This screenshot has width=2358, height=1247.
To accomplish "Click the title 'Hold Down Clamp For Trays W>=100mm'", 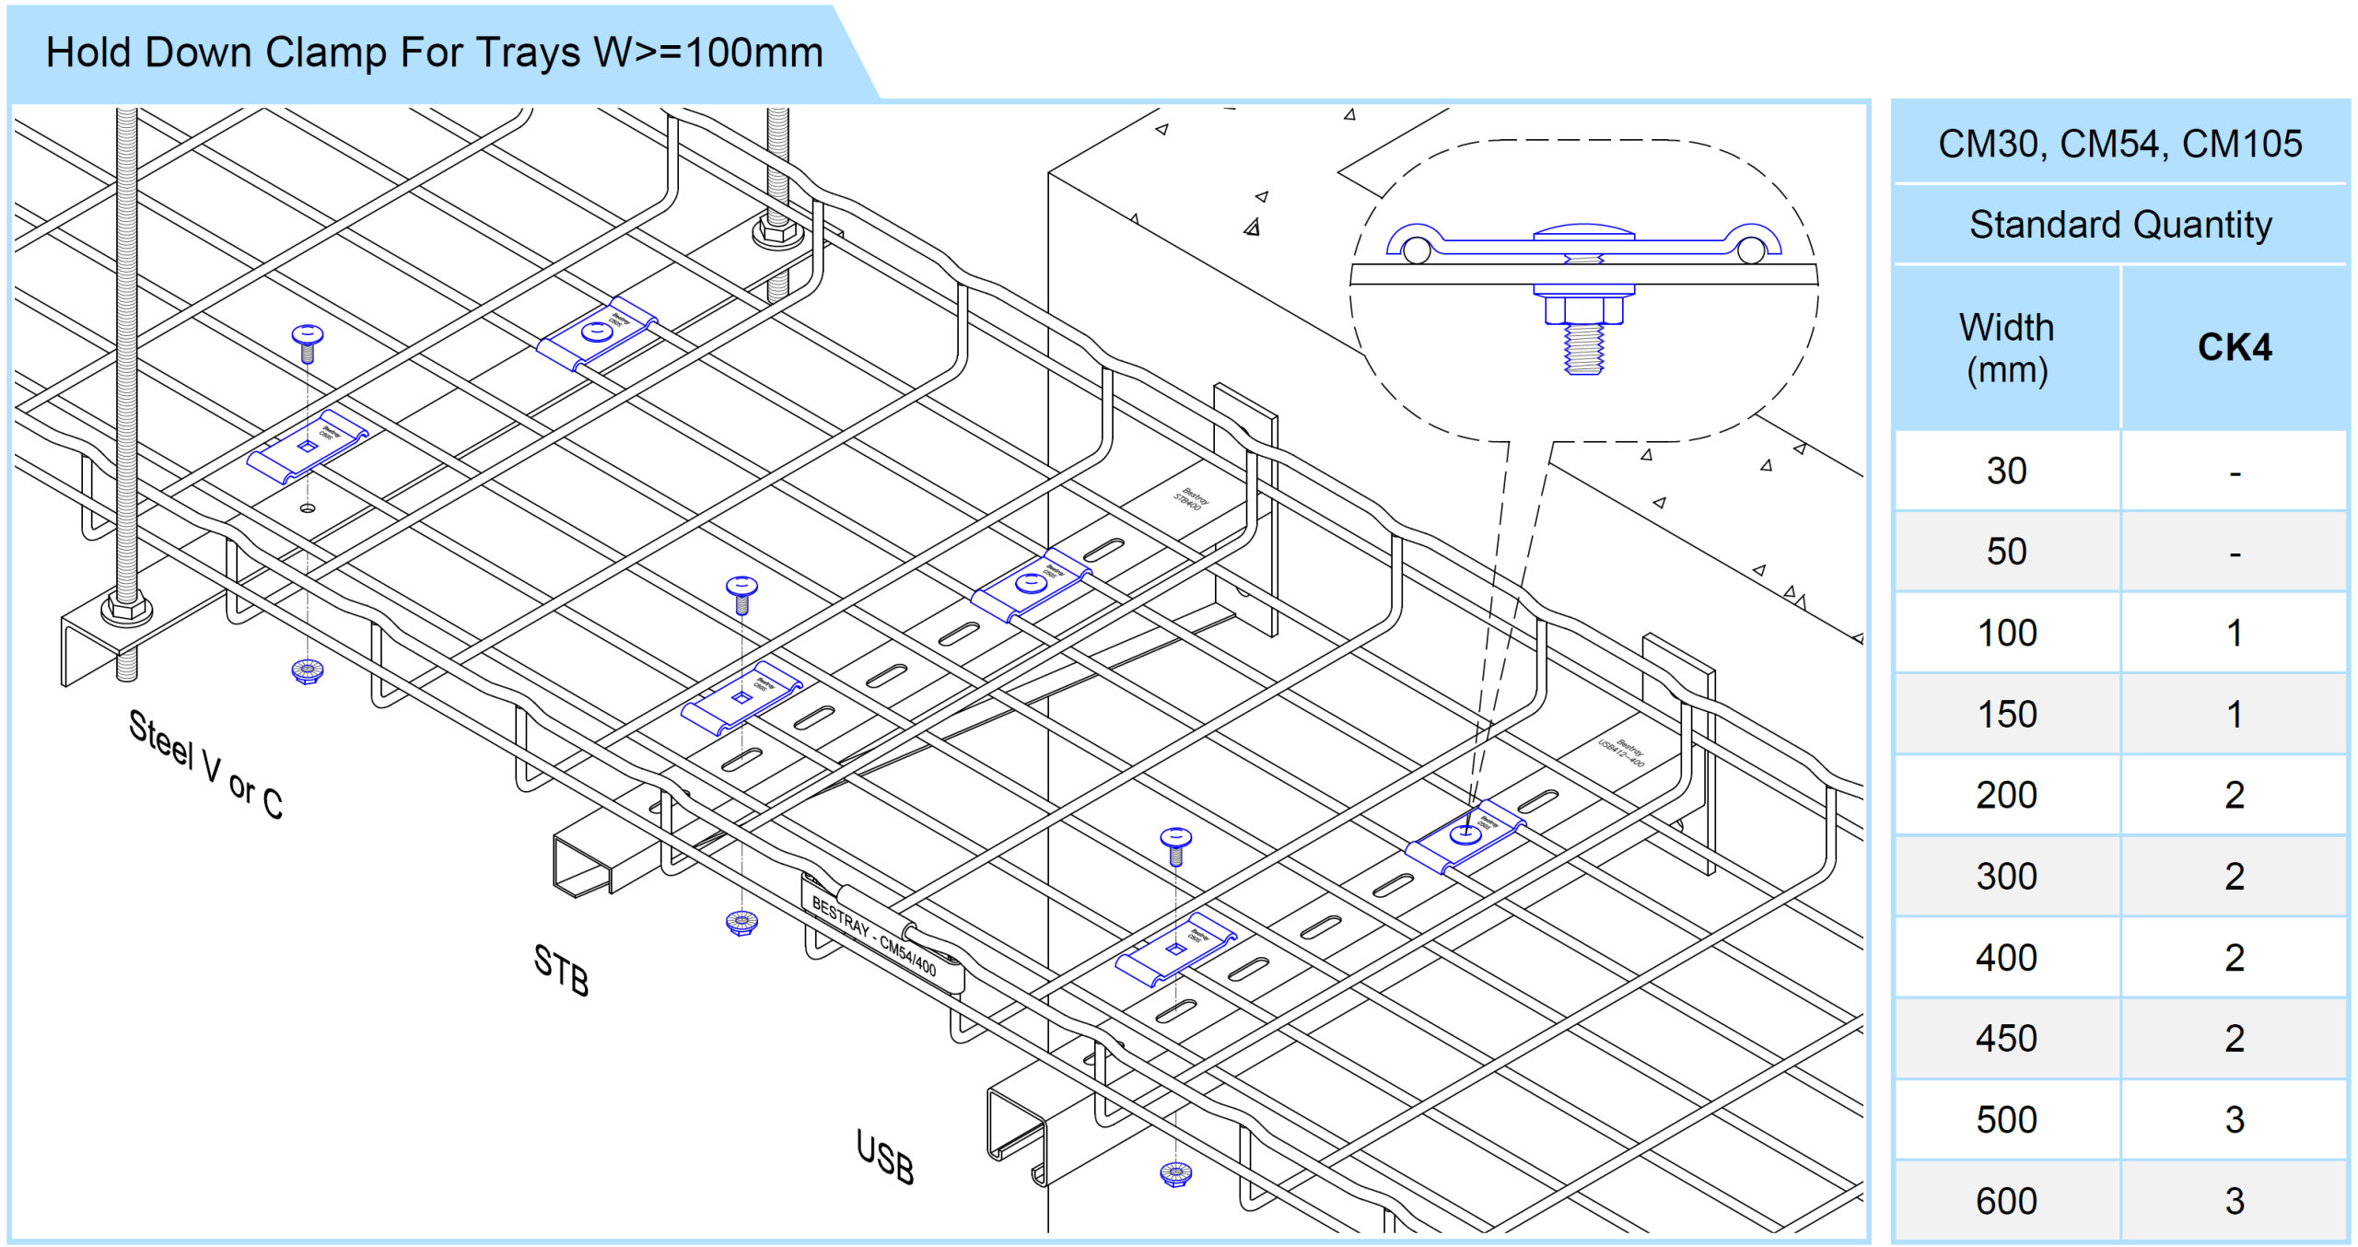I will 434,52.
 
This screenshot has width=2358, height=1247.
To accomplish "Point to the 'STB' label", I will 561,970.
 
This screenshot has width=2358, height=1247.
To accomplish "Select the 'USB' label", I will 884,1158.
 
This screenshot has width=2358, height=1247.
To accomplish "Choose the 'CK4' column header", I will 2234,347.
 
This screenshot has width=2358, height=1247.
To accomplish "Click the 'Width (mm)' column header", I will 2007,348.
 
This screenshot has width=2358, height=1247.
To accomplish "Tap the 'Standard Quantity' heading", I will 2120,225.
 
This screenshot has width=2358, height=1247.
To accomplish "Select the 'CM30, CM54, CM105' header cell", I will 2120,144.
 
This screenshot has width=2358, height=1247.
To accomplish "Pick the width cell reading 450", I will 2007,1038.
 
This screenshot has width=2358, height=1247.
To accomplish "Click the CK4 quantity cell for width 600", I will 2234,1201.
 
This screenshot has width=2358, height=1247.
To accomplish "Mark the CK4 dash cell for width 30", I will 2234,472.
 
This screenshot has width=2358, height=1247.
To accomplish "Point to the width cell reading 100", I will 2007,634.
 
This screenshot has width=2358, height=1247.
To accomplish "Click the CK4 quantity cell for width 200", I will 2234,795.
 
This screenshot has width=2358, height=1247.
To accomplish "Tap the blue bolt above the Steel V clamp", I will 308,342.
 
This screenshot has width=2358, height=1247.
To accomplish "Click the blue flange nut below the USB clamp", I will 1175,1173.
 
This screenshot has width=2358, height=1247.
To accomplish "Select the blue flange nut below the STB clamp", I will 741,921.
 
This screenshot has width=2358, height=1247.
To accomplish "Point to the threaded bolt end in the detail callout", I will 1583,350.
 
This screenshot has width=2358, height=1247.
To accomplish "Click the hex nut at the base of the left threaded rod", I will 127,609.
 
